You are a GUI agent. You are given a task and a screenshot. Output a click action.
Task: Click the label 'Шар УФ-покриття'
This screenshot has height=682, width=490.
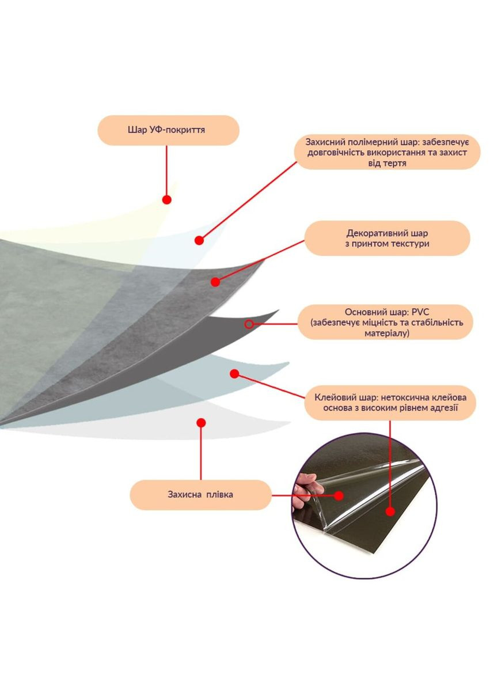pyautogui.click(x=168, y=130)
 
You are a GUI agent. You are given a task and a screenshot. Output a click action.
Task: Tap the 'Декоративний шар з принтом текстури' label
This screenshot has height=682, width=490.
pyautogui.click(x=388, y=238)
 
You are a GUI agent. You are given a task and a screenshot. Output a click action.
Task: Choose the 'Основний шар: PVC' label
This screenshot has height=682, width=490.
pyautogui.click(x=386, y=322)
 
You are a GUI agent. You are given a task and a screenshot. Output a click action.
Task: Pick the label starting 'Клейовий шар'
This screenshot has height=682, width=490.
pyautogui.click(x=390, y=403)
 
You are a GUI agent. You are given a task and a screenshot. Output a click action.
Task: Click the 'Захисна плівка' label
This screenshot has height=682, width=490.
pyautogui.click(x=200, y=495)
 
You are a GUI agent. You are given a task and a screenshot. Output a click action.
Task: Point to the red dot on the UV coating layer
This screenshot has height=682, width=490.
pyautogui.click(x=166, y=200)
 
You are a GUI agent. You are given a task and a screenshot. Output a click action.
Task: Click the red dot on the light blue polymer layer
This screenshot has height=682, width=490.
pyautogui.click(x=199, y=240)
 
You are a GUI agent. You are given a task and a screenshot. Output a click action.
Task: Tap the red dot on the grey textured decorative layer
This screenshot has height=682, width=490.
pyautogui.click(x=215, y=282)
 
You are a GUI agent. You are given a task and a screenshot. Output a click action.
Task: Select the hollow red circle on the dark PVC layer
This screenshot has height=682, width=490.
pyautogui.click(x=249, y=324)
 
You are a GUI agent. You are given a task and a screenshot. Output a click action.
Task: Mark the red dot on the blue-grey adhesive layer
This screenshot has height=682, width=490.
pyautogui.click(x=234, y=374)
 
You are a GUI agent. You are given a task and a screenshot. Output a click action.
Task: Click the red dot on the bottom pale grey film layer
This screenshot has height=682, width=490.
pyautogui.click(x=201, y=423)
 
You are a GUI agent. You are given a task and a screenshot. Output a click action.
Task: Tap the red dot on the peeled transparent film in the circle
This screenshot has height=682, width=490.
pyautogui.click(x=339, y=495)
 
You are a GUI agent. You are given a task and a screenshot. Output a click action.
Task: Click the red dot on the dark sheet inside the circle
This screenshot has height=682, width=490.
pyautogui.click(x=390, y=511)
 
